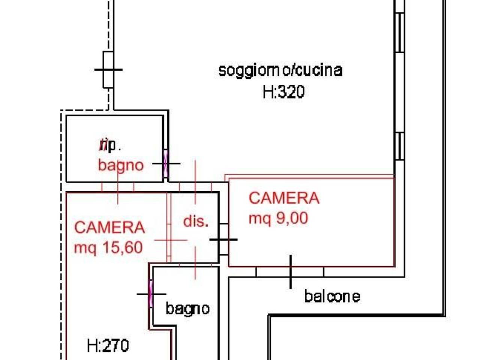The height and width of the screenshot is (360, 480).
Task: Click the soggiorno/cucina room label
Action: (x=280, y=70)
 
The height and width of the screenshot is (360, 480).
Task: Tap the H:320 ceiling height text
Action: (x=283, y=91)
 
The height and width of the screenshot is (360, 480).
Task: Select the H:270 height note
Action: (x=108, y=345)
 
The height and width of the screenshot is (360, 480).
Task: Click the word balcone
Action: (x=332, y=296)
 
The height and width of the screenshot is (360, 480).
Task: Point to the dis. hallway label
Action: (x=196, y=221)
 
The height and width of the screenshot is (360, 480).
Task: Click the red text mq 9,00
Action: (x=278, y=217)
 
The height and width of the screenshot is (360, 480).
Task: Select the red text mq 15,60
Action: (x=108, y=247)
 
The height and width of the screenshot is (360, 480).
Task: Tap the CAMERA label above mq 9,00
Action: (x=284, y=198)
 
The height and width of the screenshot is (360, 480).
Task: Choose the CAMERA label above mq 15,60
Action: (x=109, y=228)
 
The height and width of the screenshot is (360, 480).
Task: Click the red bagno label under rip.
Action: (x=121, y=165)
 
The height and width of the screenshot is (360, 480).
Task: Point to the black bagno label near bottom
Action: (x=187, y=309)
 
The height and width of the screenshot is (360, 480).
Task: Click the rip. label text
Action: (x=109, y=145)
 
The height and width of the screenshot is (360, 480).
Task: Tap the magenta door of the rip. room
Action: (x=166, y=164)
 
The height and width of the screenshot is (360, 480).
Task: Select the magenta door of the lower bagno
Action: (x=151, y=294)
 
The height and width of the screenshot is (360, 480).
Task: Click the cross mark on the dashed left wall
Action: (x=108, y=69)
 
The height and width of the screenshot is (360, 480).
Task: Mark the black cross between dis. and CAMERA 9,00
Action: (x=223, y=239)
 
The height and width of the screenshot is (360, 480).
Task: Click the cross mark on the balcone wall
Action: (x=291, y=272)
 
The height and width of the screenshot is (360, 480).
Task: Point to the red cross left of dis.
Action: (x=171, y=240)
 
